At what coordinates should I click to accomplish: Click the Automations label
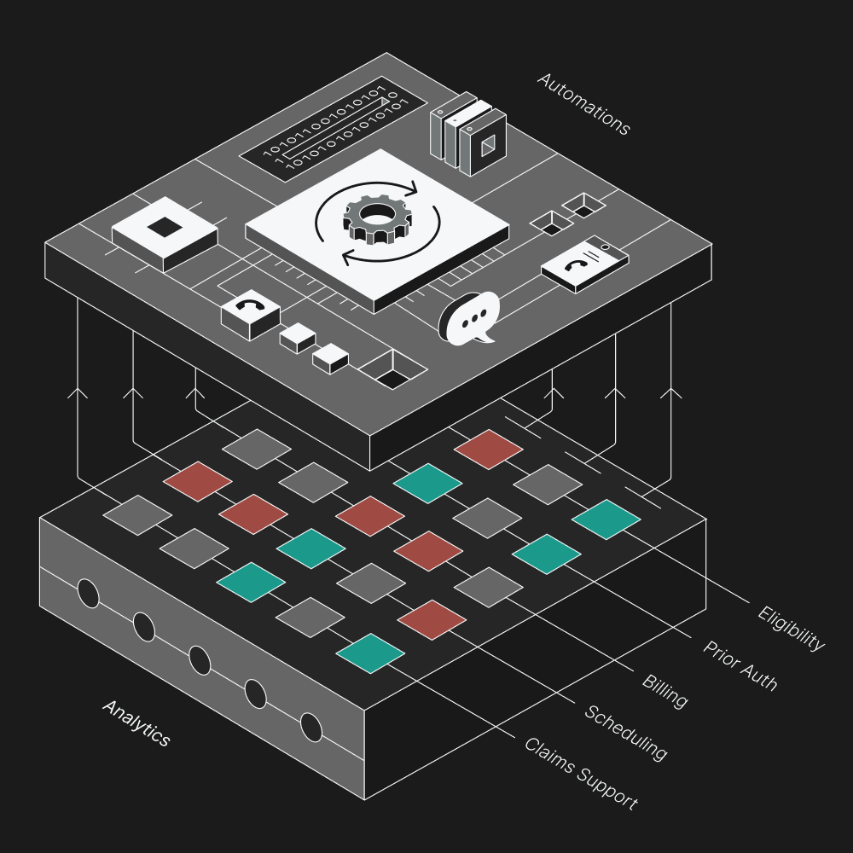(x=583, y=104)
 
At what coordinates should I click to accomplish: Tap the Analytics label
(x=136, y=722)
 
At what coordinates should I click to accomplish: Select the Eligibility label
(x=791, y=628)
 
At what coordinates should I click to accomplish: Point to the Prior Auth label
(x=740, y=665)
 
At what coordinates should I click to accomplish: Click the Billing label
(x=664, y=691)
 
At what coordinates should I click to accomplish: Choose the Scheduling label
(x=625, y=732)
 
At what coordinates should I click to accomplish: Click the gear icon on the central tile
(x=377, y=219)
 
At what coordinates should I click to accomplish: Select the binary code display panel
(x=334, y=129)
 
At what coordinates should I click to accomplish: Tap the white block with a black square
(x=164, y=228)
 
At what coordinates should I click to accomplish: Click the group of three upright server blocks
(x=467, y=132)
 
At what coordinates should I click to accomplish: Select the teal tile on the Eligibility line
(x=606, y=519)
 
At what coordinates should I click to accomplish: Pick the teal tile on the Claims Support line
(x=370, y=653)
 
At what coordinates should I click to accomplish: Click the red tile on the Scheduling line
(x=432, y=619)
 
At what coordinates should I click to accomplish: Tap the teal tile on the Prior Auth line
(x=547, y=554)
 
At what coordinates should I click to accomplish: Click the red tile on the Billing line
(x=428, y=551)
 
